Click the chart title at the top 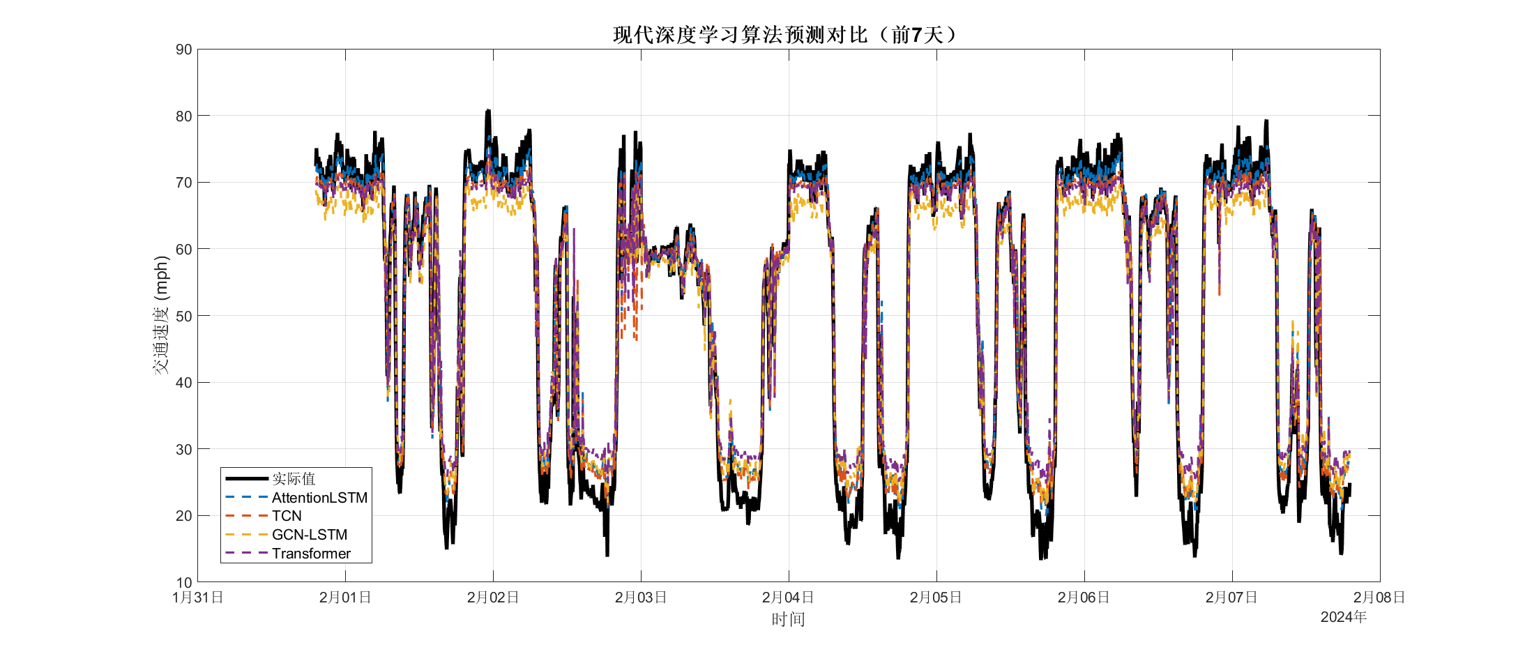[x=787, y=35]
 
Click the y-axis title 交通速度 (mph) [x=161, y=315]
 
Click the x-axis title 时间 [x=788, y=619]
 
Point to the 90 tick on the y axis [x=184, y=50]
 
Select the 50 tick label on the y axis [x=184, y=316]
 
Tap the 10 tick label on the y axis [x=184, y=582]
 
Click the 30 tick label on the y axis [x=184, y=449]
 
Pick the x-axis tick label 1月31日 [x=198, y=598]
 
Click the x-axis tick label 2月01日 [x=345, y=598]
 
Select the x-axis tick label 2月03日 [x=641, y=598]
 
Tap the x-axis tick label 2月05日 [x=936, y=598]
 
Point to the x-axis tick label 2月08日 [x=1379, y=598]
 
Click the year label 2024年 [x=1343, y=617]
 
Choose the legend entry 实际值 [x=294, y=479]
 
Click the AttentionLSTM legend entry [x=319, y=498]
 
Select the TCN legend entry [x=287, y=516]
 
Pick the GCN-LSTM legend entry [x=309, y=535]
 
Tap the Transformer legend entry [x=311, y=554]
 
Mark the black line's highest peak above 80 [x=488, y=111]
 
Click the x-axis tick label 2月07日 [x=1231, y=598]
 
